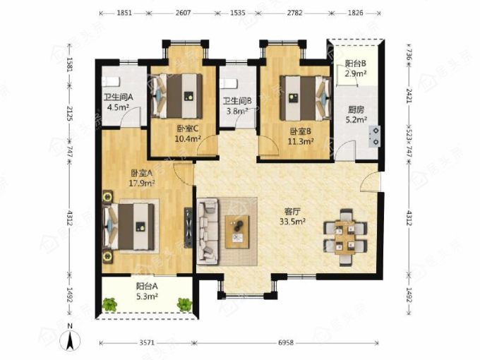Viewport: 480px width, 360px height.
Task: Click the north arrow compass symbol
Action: click(70, 339)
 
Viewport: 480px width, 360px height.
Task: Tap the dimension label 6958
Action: click(286, 342)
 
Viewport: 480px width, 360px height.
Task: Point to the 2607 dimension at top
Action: click(183, 13)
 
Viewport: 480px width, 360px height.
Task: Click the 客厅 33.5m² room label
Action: click(292, 217)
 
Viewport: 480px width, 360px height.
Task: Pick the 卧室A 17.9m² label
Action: click(142, 178)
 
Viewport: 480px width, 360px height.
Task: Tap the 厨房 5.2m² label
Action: click(356, 114)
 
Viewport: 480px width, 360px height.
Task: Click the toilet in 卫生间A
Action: click(110, 82)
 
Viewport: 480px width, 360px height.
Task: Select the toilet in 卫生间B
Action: click(228, 83)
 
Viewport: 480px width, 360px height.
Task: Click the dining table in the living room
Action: click(345, 237)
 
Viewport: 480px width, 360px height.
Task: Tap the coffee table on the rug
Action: click(237, 232)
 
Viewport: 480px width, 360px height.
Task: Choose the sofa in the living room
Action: click(208, 231)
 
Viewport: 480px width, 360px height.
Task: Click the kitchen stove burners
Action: click(375, 136)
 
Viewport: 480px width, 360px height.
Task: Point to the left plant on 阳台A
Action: click(110, 304)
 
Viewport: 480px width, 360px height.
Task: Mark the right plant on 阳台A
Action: click(184, 304)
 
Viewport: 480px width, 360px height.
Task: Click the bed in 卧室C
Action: click(177, 96)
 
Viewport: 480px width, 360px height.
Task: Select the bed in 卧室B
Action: click(306, 98)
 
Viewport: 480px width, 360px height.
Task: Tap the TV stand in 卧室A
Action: click(188, 227)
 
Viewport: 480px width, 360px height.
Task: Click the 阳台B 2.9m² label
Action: click(356, 68)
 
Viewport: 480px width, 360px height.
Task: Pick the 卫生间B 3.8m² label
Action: click(237, 106)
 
